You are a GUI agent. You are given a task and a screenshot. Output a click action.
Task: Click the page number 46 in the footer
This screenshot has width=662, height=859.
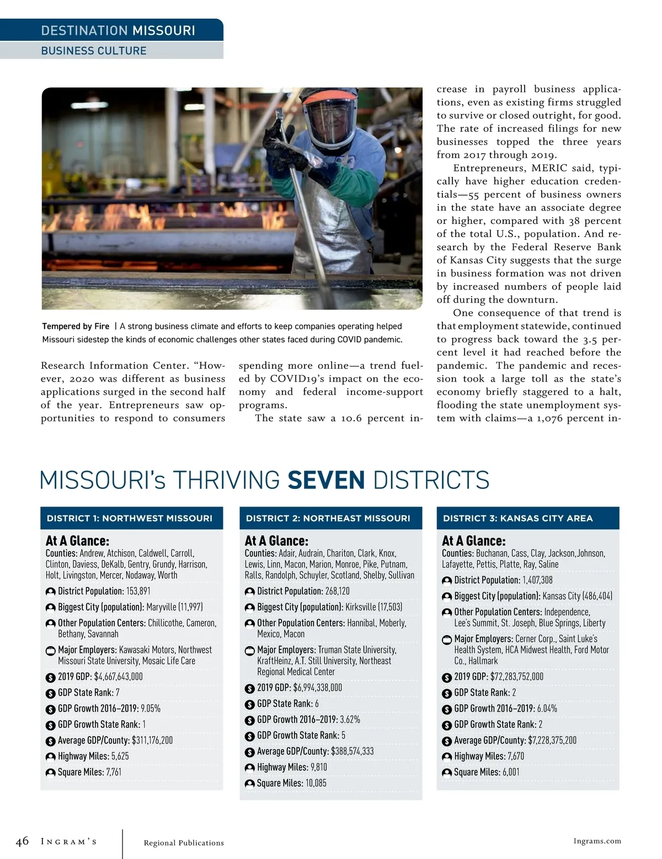(22, 841)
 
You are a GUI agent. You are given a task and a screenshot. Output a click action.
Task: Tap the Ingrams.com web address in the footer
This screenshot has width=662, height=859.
(597, 841)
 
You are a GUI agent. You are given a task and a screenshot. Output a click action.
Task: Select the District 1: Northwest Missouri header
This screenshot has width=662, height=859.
(130, 518)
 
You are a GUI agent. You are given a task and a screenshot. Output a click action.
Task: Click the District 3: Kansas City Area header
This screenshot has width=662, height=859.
(517, 518)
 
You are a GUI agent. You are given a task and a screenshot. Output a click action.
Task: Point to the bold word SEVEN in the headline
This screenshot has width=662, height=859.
(326, 480)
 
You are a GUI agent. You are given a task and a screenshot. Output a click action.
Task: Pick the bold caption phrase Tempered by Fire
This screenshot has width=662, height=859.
(76, 326)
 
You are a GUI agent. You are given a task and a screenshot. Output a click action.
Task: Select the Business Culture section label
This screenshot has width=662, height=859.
(94, 51)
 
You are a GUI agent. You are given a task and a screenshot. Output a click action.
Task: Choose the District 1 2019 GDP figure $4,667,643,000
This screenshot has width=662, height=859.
(118, 677)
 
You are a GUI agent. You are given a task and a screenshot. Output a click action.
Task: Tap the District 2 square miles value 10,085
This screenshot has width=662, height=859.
(316, 783)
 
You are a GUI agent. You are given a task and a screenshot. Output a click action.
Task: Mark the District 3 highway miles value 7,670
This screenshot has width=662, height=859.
(515, 756)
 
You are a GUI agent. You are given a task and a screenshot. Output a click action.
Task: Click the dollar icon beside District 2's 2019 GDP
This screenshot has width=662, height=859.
(249, 689)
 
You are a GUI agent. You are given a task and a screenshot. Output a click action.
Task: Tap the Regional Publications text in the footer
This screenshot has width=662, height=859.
(184, 842)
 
